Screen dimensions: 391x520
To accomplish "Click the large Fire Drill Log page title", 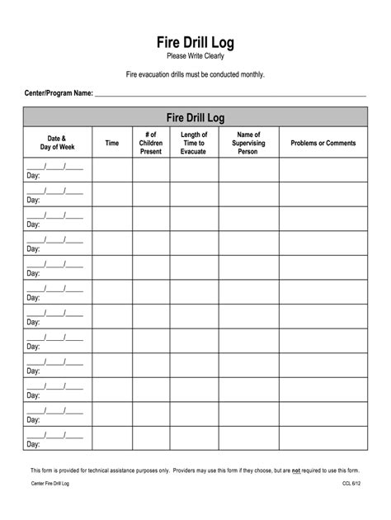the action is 195,41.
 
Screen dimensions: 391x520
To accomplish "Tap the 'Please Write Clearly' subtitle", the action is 195,56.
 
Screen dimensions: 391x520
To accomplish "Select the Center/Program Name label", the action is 58,94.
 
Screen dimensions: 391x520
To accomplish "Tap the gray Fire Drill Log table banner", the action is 195,116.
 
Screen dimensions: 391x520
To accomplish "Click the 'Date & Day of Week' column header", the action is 57,143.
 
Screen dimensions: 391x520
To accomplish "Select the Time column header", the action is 112,143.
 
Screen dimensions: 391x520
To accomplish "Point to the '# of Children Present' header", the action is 151,143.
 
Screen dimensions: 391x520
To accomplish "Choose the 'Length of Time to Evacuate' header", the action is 194,143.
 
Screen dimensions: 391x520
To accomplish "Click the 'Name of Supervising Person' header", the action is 248,143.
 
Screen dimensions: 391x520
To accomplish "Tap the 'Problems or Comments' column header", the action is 323,143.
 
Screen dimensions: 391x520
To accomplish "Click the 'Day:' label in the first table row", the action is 33,176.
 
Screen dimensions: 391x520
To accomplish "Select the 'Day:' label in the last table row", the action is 33,444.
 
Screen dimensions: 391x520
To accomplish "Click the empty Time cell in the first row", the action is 112,170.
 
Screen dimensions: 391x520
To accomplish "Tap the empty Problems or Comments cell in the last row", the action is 323,438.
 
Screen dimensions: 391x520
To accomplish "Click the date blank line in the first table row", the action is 54,166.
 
